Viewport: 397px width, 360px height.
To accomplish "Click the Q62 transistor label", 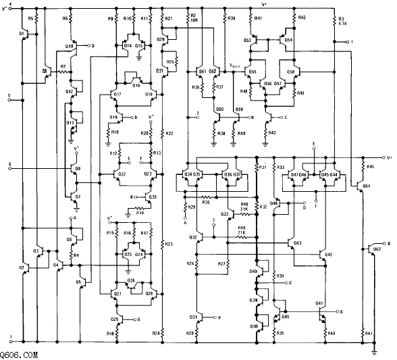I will [x=377, y=249].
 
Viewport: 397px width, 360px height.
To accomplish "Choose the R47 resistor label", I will [x=367, y=332].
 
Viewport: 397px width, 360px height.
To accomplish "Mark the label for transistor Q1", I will [x=23, y=32].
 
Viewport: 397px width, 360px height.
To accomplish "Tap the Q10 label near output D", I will [x=69, y=47].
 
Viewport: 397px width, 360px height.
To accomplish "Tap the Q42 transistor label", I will [x=328, y=254].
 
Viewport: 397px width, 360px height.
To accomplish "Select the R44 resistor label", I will [x=331, y=332].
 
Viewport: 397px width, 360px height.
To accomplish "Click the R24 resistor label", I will [x=157, y=332].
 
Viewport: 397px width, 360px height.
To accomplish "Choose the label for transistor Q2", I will [x=22, y=267].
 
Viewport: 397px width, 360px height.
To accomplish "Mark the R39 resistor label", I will [x=232, y=18].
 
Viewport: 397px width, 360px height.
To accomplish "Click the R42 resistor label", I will [x=302, y=18].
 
